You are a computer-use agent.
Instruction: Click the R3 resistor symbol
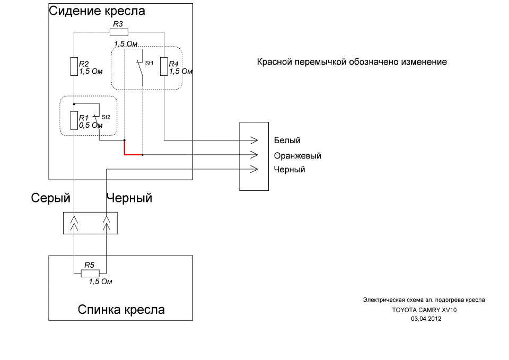(119, 32)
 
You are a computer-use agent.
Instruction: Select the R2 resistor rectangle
(74, 67)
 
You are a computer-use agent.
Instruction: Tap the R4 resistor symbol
(164, 67)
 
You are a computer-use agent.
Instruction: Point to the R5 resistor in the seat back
(89, 274)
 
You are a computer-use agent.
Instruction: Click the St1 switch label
(149, 63)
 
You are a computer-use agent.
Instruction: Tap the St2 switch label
(106, 117)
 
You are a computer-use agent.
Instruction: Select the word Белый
(287, 141)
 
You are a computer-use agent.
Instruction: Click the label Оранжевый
(297, 156)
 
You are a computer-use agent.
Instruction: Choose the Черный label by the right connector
(289, 170)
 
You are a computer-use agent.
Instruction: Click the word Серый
(51, 198)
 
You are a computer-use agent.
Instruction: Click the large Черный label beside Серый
(129, 198)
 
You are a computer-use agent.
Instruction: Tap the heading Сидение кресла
(97, 11)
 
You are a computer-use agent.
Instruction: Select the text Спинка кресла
(121, 310)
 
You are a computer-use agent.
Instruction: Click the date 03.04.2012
(426, 319)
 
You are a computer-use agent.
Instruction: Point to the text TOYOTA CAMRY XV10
(424, 310)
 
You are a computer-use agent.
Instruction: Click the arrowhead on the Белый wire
(254, 141)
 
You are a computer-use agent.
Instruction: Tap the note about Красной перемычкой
(352, 62)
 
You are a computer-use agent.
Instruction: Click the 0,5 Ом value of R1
(91, 126)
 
